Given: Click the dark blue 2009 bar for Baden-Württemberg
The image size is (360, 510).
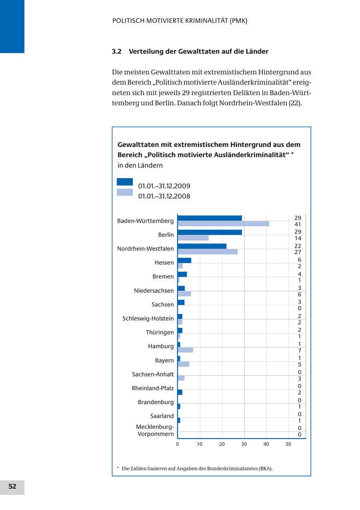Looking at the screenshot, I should pos(210,218).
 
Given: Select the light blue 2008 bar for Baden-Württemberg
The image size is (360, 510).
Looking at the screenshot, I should pos(223,224).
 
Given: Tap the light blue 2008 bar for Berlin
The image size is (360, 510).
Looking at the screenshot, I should pos(193,238).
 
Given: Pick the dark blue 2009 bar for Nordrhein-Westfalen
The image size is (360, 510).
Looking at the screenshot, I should pos(202,246).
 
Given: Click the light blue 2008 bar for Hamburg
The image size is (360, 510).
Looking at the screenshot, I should pos(185,350).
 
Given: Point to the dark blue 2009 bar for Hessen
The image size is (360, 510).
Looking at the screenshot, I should pos(184,260).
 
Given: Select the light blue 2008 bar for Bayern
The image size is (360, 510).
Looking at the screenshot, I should pos(183,364).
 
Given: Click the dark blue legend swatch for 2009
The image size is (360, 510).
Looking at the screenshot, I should pos(125,182).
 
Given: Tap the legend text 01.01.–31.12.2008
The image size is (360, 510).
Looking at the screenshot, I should pos(164,196).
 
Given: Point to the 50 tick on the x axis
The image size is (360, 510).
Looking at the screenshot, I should pos(288,444).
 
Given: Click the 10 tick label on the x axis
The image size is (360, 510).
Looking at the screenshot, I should pos(200,444).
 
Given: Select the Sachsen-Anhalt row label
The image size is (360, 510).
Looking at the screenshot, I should pos(153,375).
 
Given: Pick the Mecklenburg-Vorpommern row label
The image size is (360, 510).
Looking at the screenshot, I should pos(155,430).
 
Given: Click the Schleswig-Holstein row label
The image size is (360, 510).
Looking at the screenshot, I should pos(148,319).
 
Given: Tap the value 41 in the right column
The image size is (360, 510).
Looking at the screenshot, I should pos(298,225).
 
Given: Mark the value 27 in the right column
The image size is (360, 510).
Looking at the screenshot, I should pos(298,252).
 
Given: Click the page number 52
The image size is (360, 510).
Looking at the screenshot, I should pos(12,486).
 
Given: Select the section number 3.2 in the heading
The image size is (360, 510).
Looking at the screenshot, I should pos(116,52).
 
